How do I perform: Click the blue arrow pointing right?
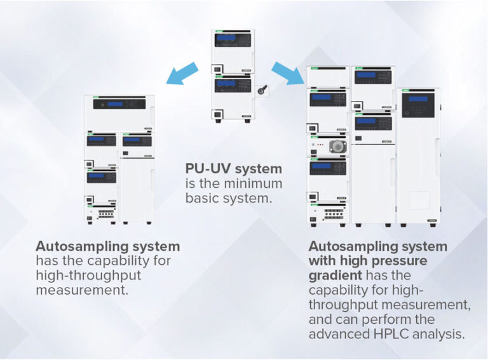(x=288, y=72)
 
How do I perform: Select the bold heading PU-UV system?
(x=233, y=169)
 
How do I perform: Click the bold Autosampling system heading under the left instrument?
(x=107, y=246)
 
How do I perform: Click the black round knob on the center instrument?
(x=261, y=91)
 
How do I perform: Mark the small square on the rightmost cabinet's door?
(x=419, y=201)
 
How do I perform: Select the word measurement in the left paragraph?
(x=81, y=290)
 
